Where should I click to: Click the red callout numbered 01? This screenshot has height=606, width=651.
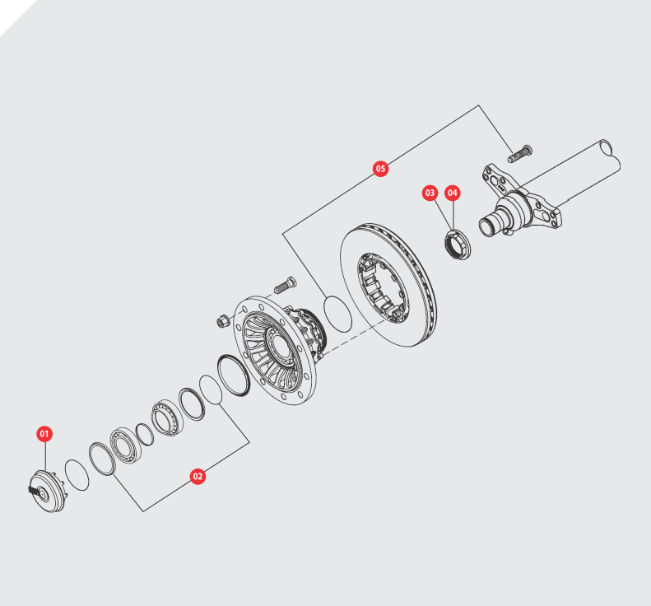(44, 434)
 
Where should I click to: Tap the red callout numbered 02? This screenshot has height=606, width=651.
(198, 477)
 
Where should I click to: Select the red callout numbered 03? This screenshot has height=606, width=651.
(430, 193)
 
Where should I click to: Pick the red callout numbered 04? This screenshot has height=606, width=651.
(453, 193)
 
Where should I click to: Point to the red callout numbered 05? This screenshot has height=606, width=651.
(380, 169)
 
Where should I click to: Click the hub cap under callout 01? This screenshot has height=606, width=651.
(48, 492)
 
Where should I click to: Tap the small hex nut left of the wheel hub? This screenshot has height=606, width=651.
(223, 320)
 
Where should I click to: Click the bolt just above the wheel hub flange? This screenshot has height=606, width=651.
(285, 285)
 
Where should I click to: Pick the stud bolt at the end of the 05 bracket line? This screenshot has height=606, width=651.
(520, 154)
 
